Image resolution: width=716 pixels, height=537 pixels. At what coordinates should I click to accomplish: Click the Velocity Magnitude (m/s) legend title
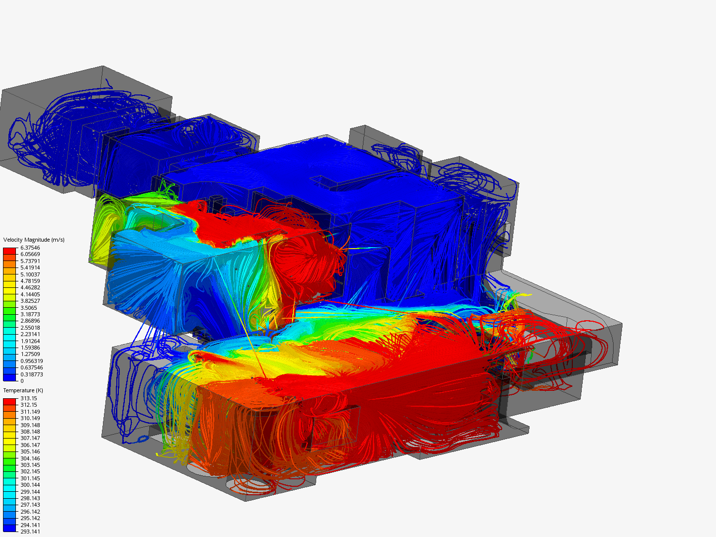[x=34, y=240]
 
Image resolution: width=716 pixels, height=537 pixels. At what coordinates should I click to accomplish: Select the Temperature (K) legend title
[x=23, y=390]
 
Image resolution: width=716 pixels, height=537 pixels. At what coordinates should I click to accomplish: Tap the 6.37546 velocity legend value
[x=30, y=248]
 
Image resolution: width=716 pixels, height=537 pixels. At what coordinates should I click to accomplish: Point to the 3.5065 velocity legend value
[x=29, y=308]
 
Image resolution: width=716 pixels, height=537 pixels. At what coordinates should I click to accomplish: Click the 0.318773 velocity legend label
[x=32, y=374]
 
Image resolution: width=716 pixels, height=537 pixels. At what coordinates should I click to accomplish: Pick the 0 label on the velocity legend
[x=22, y=381]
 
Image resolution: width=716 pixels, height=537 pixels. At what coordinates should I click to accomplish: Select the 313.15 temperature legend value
[x=29, y=398]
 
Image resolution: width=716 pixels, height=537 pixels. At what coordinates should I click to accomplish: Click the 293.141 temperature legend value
[x=30, y=532]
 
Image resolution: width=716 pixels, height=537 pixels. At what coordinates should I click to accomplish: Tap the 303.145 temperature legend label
[x=30, y=465]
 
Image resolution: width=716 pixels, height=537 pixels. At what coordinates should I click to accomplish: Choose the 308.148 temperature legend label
[x=30, y=432]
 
